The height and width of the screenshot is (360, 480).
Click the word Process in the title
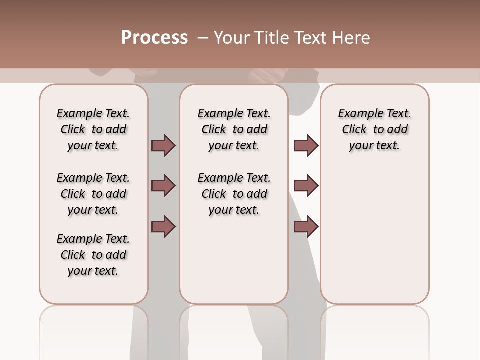pos(154,38)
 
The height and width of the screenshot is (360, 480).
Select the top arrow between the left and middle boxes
pos(163,145)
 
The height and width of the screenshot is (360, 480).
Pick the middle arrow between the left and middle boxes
pos(163,186)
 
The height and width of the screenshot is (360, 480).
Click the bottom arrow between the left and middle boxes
pos(163,226)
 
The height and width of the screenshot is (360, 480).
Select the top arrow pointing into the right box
pos(306,145)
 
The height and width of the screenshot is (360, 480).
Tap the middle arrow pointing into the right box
pos(306,186)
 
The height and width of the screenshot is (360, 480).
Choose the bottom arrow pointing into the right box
pos(306,226)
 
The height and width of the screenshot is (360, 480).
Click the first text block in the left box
pos(93,129)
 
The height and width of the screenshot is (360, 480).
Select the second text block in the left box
pos(93,194)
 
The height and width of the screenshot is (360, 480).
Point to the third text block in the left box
pos(93,255)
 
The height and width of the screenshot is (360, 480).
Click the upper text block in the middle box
pos(234,129)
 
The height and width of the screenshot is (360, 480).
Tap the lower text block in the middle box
pos(234,194)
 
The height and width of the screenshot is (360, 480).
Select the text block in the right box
pos(374,129)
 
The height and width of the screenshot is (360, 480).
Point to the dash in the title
pos(203,38)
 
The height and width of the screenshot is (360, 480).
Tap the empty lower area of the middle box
pos(234,260)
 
